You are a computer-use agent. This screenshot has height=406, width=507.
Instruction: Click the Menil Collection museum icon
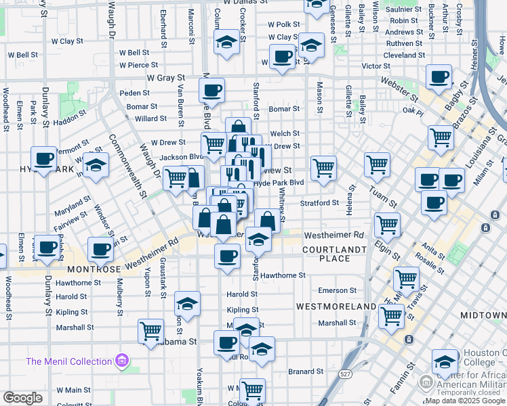point(122,360)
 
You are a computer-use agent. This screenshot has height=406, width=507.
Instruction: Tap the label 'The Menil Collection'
point(69,361)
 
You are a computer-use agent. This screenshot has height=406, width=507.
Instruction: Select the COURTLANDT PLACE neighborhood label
point(325,254)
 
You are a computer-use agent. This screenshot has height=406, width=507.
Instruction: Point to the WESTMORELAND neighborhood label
point(336,307)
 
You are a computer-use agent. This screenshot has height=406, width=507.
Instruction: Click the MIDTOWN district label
point(483,316)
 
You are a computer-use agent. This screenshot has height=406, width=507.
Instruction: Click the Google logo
point(22,398)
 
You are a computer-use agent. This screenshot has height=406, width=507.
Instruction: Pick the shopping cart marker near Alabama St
point(150,331)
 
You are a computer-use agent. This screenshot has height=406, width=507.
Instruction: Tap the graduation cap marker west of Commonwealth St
point(96,166)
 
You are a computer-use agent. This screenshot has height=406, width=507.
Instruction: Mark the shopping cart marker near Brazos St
point(441,137)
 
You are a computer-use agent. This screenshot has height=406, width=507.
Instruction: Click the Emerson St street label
point(337,290)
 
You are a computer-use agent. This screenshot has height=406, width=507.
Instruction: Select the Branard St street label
point(306,371)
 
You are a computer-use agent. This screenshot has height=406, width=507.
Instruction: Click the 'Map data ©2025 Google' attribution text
point(465,401)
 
